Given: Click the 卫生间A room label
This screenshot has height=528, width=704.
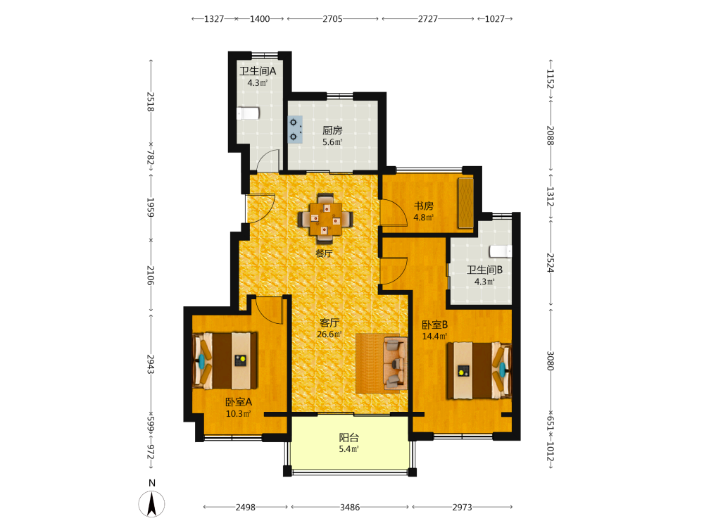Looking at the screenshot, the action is [258, 71].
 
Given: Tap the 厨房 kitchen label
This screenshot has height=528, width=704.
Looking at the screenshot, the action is [332, 130].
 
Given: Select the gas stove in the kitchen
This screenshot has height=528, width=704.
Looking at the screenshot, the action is [295, 130].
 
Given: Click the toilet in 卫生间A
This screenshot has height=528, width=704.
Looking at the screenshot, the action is [248, 113].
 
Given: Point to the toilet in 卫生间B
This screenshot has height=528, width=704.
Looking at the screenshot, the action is [501, 251].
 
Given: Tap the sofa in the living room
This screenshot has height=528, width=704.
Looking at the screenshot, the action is [395, 364].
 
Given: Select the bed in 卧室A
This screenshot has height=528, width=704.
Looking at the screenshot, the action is [225, 361].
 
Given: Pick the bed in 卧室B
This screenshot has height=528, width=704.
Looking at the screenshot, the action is [479, 371].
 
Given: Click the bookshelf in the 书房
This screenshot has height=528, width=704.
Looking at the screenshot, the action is [465, 203].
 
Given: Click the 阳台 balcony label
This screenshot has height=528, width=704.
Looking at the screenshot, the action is [349, 437].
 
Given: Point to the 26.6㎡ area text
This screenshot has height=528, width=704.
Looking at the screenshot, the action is [329, 334].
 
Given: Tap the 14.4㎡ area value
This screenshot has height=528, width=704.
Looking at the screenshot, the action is [434, 337].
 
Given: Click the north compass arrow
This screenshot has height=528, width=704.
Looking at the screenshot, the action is [152, 504].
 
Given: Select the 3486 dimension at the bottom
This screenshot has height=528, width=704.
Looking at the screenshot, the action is [350, 508].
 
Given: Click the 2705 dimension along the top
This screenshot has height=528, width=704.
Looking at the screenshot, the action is [333, 19].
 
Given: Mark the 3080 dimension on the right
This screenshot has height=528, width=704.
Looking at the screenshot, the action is [551, 360].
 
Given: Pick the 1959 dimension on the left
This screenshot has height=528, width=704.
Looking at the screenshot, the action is [151, 208].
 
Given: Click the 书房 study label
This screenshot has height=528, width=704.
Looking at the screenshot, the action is [424, 206].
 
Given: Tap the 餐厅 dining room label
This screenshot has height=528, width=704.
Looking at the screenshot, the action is [324, 253].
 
